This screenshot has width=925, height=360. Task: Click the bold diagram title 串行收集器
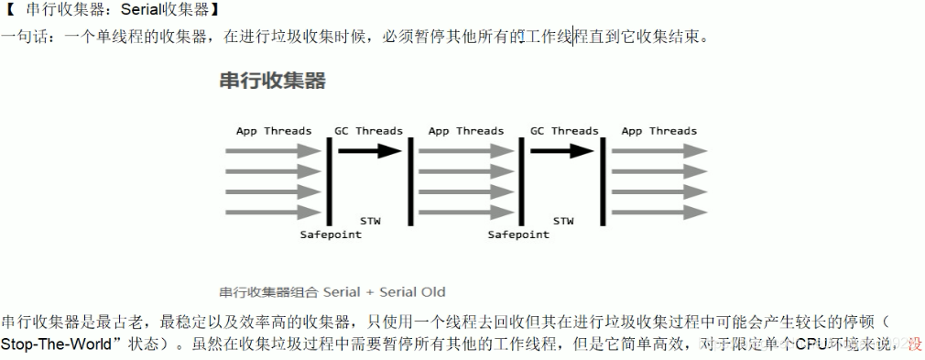272,80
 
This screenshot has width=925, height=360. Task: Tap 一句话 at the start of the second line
25,38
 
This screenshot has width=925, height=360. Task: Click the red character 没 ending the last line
914,345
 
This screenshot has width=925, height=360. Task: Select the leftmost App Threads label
274,131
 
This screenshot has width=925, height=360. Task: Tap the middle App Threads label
465,131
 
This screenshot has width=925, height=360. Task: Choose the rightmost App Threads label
658,131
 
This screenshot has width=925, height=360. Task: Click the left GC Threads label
369,131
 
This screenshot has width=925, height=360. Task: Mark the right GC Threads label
563,131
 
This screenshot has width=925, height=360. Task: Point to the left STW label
371,221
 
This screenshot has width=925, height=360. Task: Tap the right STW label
563,221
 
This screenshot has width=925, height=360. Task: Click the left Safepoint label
331,235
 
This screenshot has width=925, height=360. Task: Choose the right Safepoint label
518,235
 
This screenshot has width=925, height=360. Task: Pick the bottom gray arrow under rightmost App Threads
658,213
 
